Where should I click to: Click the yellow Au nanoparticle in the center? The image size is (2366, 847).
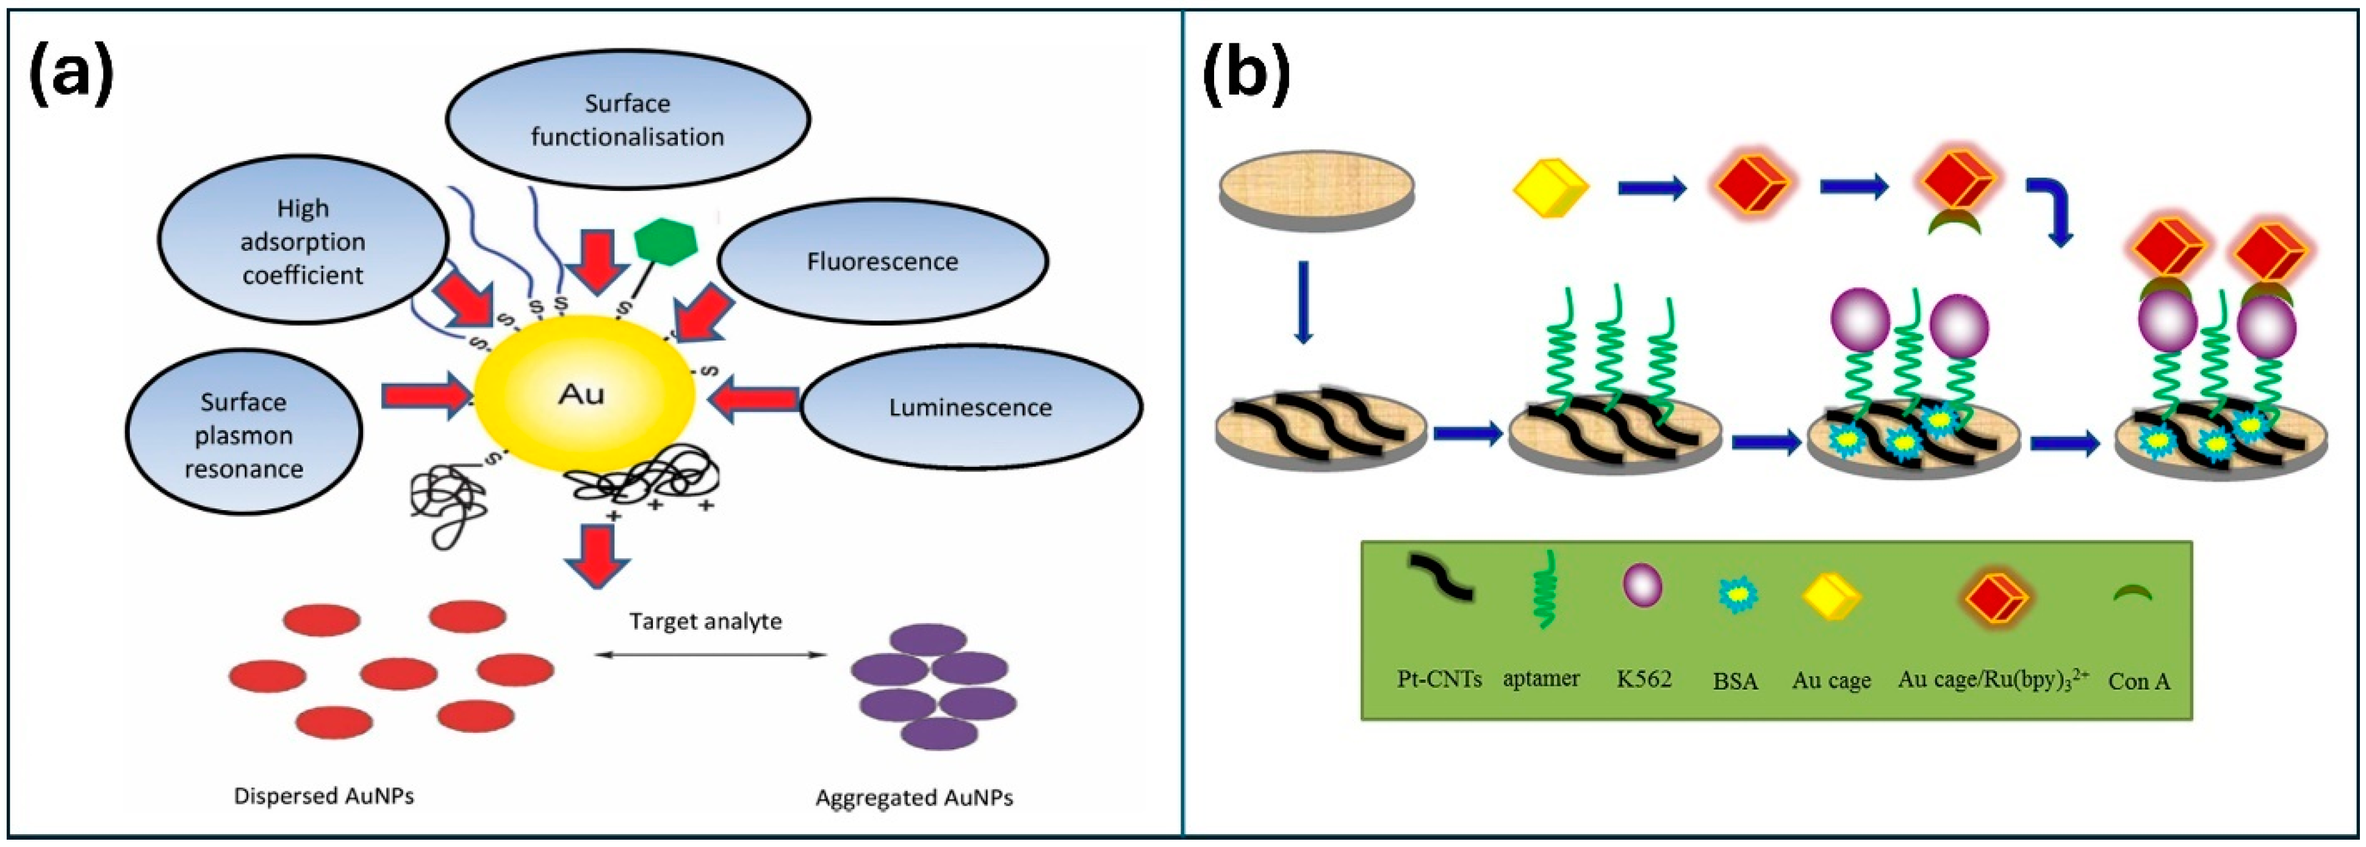[583, 395]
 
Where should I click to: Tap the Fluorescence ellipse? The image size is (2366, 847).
[882, 262]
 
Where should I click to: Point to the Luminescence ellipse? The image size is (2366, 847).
[971, 407]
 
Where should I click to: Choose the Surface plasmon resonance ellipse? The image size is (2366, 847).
[243, 434]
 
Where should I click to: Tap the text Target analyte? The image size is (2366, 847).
[705, 621]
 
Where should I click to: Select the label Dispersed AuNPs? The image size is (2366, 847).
[323, 796]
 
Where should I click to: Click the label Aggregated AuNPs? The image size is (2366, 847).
[914, 798]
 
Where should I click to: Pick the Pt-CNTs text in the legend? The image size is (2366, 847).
[1439, 679]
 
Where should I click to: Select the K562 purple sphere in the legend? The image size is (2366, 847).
[1642, 585]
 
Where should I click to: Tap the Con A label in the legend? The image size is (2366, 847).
[2139, 681]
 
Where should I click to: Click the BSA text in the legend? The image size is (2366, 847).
[1735, 681]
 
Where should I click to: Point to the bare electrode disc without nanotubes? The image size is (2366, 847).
[1316, 189]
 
